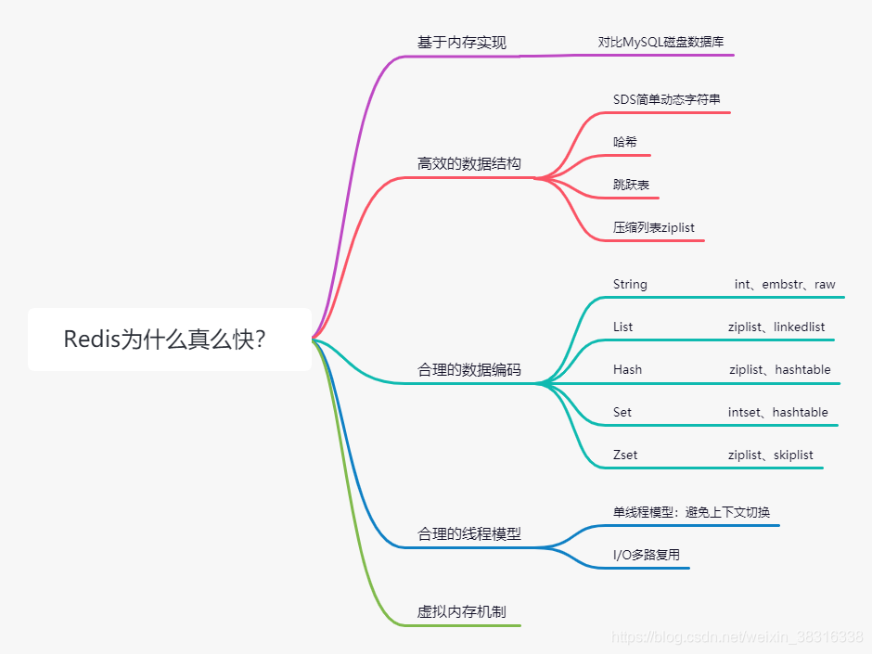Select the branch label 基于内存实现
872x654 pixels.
(461, 43)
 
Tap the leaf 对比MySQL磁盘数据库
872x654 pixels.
(660, 42)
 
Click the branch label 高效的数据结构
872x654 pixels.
(468, 163)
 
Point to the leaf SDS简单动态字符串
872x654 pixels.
(666, 99)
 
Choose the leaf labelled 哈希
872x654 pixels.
(625, 142)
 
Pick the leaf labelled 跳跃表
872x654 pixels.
(631, 185)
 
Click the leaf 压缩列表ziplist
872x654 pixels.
(653, 227)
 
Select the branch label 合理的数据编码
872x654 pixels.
(468, 369)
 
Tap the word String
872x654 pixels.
(630, 284)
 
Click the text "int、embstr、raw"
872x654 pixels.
(784, 284)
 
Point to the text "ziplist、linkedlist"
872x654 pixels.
(776, 327)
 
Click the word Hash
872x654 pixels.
(627, 369)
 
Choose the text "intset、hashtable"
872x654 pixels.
(777, 412)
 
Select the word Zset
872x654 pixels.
(625, 455)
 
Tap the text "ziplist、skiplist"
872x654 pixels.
(770, 455)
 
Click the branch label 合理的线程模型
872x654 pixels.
(468, 533)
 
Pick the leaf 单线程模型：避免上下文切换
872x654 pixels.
(691, 512)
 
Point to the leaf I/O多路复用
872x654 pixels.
(646, 555)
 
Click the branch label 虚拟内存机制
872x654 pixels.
(461, 611)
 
